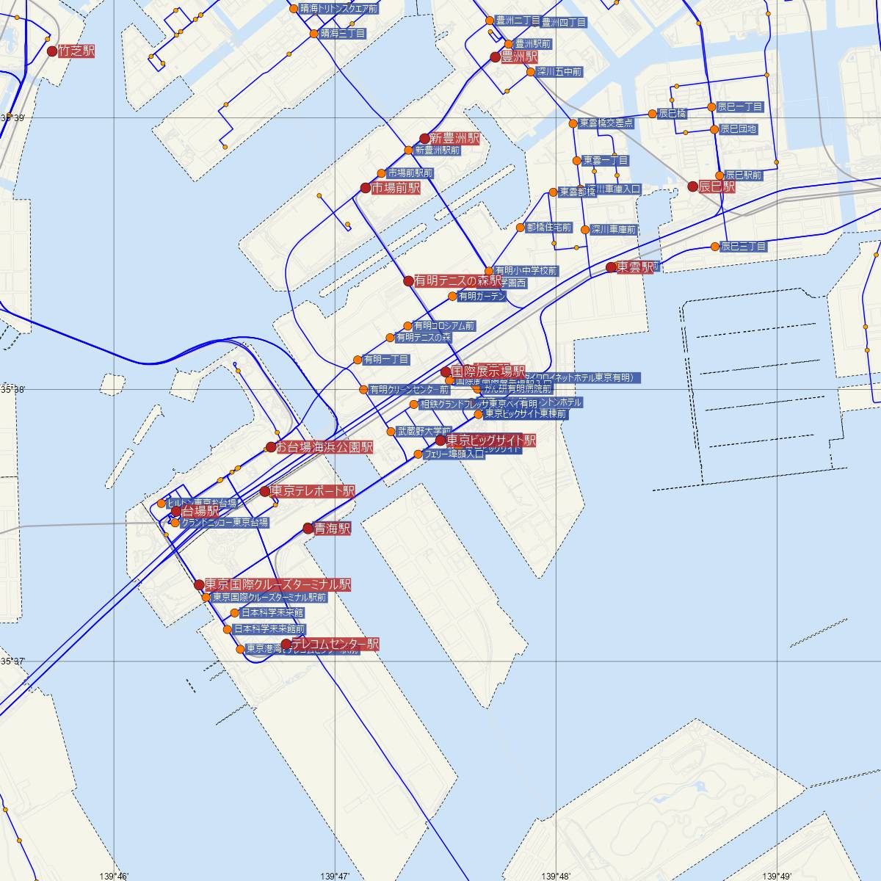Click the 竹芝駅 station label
[x=77, y=51]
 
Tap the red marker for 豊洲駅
[x=495, y=57]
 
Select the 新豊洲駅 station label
[x=454, y=138]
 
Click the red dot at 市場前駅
[x=366, y=188]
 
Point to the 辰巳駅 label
[x=717, y=186]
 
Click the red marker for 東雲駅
[x=611, y=267]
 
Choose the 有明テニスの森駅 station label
[x=457, y=280]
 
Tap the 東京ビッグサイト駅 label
[x=490, y=440]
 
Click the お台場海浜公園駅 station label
[x=325, y=446]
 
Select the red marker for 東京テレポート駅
[x=265, y=491]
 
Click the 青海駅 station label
[x=332, y=528]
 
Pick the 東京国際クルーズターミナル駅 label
[x=278, y=584]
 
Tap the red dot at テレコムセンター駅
[x=286, y=645]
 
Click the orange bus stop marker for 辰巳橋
[x=652, y=114]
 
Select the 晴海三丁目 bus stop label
[x=342, y=34]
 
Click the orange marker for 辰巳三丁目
[x=715, y=246]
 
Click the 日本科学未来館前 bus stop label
[x=269, y=629]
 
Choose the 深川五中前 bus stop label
[x=559, y=72]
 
